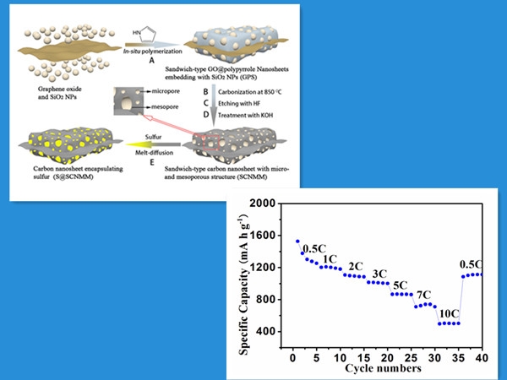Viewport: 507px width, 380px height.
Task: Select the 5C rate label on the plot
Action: pos(401,284)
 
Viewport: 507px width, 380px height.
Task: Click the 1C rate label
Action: pos(330,258)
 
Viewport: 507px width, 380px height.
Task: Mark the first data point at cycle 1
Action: pos(297,242)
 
